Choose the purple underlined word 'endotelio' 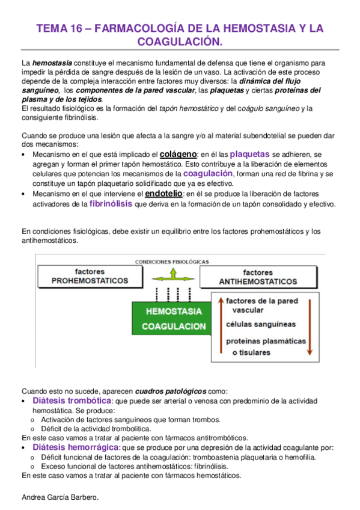[163, 194]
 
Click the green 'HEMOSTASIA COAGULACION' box [173, 318]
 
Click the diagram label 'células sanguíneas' [261, 324]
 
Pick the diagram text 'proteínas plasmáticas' [265, 340]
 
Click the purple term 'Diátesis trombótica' [72, 401]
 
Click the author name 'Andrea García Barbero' [59, 497]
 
